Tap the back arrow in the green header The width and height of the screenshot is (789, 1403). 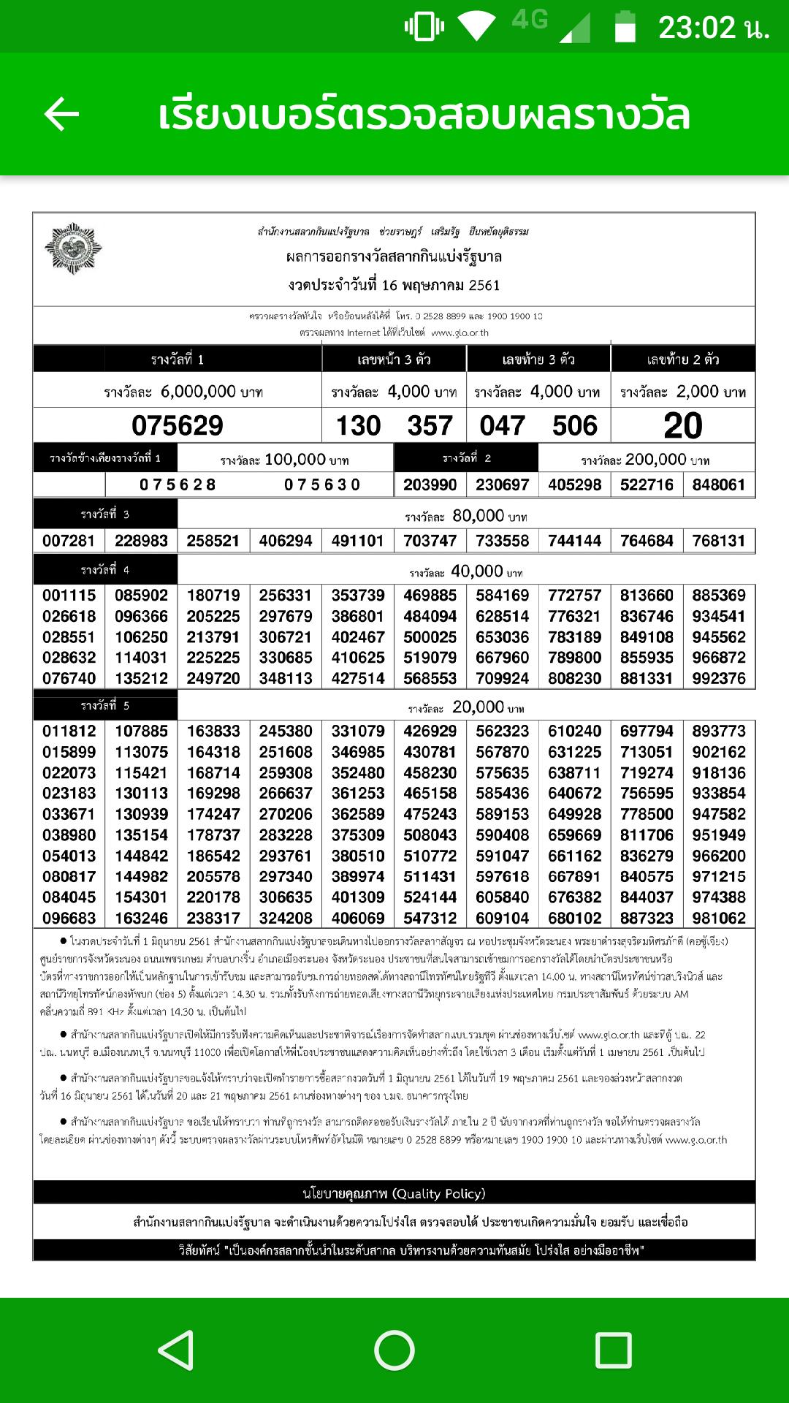[x=61, y=115]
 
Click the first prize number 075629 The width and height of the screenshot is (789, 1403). [x=178, y=425]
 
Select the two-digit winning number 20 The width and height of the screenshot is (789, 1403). [x=683, y=425]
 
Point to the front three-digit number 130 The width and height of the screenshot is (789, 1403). [x=358, y=425]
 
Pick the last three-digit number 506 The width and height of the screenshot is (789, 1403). [x=575, y=425]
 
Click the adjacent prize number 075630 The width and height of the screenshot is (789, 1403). [x=322, y=484]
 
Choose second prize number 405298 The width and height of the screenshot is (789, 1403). [x=575, y=484]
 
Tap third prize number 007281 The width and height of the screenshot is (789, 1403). [x=69, y=541]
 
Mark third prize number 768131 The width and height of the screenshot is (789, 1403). [x=719, y=541]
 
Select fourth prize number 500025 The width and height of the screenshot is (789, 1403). [x=430, y=637]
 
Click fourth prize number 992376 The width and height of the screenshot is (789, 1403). [x=719, y=678]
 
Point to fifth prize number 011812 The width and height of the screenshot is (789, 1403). [x=69, y=731]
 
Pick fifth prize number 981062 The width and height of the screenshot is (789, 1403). [x=719, y=918]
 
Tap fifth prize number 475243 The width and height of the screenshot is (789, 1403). [x=430, y=814]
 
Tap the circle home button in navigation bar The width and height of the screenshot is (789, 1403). [x=394, y=1350]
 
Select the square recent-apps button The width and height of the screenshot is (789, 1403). [x=612, y=1350]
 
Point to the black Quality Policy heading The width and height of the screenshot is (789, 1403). [x=394, y=1193]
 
